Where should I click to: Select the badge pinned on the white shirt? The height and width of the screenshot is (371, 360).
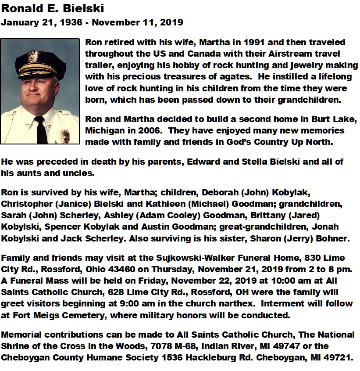64,134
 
